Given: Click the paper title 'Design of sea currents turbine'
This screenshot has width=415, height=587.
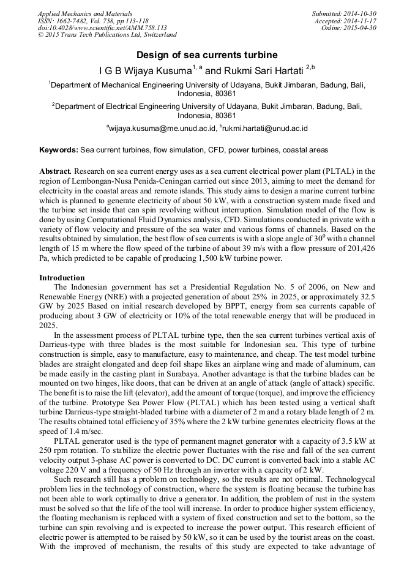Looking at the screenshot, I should pos(206,55).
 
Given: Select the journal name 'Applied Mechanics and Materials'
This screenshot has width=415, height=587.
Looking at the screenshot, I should pos(76,13).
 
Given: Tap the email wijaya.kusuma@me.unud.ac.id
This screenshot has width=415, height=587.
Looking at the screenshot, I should pos(163,129).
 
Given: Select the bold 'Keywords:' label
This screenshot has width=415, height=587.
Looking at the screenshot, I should pos(59,150).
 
